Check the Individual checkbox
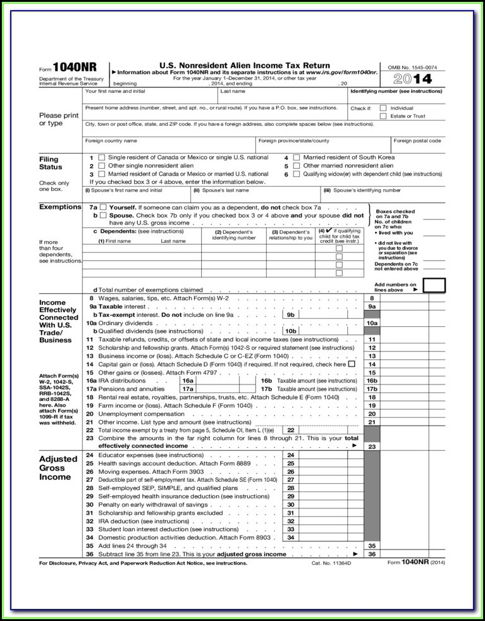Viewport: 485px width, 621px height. tap(383, 108)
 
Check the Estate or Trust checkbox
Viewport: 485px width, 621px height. tap(383, 116)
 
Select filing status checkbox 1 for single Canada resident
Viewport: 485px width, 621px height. tap(102, 157)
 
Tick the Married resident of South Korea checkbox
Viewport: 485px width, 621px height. tap(297, 157)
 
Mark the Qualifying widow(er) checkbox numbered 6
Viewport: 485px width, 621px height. tap(297, 173)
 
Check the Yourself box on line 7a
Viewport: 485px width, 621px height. tap(103, 207)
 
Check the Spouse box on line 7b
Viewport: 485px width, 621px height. tap(103, 215)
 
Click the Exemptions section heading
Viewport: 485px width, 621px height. tap(61, 207)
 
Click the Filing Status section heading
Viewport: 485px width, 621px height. tap(51, 163)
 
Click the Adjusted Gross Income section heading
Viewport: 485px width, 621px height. tap(58, 468)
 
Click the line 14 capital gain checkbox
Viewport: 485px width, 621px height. tap(352, 364)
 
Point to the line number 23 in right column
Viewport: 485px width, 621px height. tap(372, 446)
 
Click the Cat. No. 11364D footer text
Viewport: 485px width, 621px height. tap(331, 562)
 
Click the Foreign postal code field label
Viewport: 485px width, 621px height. tap(417, 140)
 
